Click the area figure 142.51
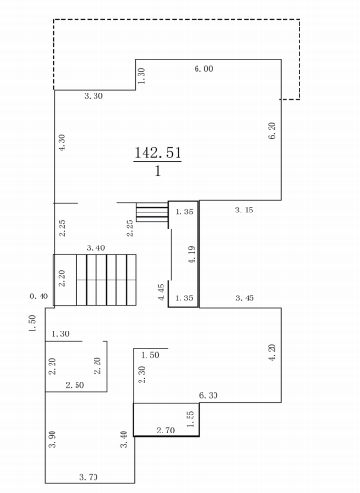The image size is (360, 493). [158, 153]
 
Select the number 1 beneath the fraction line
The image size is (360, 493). [158, 171]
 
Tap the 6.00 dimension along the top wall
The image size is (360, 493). [203, 69]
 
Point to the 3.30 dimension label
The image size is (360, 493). [94, 96]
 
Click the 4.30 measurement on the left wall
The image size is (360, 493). [62, 143]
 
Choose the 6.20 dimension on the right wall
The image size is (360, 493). [272, 130]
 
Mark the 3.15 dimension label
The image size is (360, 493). [244, 210]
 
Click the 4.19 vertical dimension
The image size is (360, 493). [192, 255]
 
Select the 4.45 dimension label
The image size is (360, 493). [162, 293]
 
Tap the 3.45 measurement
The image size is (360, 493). [245, 297]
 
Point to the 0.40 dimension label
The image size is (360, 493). [39, 297]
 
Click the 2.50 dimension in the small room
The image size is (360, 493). [75, 385]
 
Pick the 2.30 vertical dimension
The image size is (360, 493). [142, 375]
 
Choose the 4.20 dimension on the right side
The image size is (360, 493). [272, 352]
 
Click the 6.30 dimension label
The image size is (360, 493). [209, 395]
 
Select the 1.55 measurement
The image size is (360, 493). [191, 419]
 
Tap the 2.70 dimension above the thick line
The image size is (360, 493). [165, 430]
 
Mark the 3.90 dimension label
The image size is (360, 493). [52, 439]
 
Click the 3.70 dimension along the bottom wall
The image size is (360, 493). [89, 477]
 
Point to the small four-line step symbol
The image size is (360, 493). [152, 212]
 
